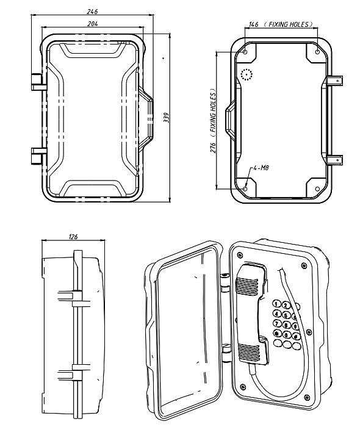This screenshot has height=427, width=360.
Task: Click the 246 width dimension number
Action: click(92, 12)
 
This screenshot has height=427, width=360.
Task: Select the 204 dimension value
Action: click(93, 24)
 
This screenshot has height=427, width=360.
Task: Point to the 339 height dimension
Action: click(167, 118)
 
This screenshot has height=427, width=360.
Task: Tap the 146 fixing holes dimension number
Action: click(253, 24)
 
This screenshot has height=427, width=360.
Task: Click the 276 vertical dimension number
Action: click(213, 148)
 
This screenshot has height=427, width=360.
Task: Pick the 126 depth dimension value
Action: click(73, 237)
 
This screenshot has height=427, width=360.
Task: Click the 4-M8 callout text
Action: click(261, 168)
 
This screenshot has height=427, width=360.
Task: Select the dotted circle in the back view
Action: click(247, 74)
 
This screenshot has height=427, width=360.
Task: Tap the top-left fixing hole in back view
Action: click(245, 52)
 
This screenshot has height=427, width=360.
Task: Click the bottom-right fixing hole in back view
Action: click(317, 188)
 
